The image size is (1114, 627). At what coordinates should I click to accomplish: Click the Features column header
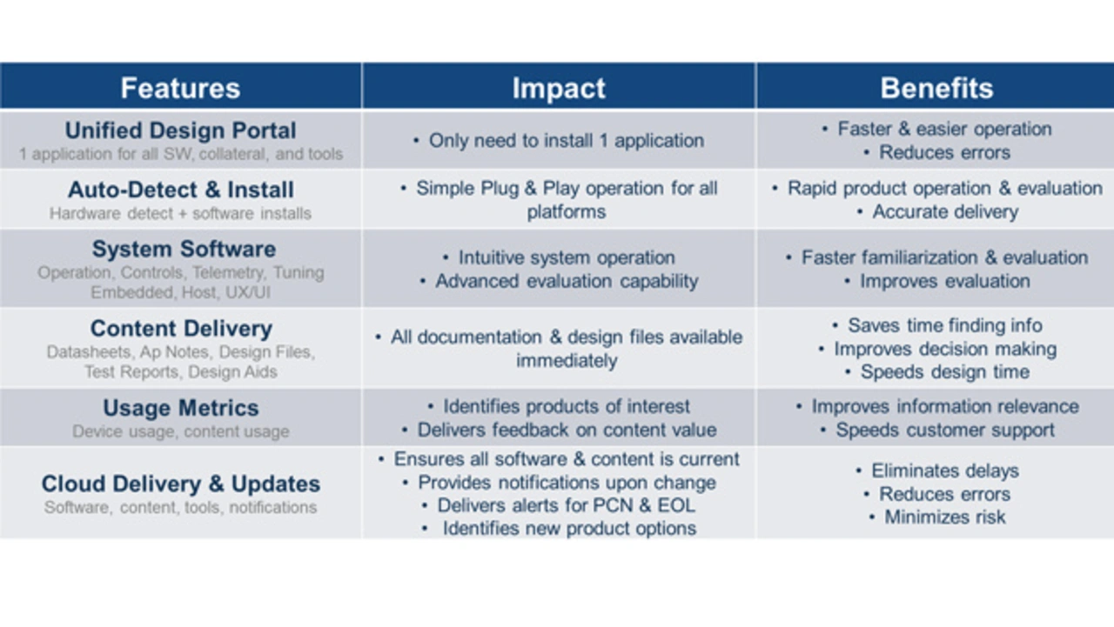pyautogui.click(x=180, y=88)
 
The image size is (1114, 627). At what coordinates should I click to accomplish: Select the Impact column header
pyautogui.click(x=559, y=89)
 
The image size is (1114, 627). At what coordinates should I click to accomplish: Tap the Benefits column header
pyautogui.click(x=936, y=88)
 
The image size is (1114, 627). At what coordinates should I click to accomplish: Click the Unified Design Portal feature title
pyautogui.click(x=180, y=130)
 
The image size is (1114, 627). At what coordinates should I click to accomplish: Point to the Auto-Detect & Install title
pyautogui.click(x=180, y=190)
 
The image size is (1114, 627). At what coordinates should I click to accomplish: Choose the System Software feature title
pyautogui.click(x=184, y=249)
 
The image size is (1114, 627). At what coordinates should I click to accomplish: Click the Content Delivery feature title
pyautogui.click(x=181, y=329)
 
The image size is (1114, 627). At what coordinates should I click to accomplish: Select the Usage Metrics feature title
pyautogui.click(x=180, y=408)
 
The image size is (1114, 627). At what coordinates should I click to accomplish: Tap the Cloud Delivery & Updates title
pyautogui.click(x=180, y=484)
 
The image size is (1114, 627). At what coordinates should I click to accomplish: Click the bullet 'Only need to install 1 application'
pyautogui.click(x=566, y=141)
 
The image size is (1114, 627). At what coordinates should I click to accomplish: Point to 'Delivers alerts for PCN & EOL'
pyautogui.click(x=566, y=505)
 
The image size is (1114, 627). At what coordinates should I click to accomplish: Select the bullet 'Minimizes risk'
pyautogui.click(x=944, y=517)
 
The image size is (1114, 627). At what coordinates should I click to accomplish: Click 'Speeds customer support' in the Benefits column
pyautogui.click(x=944, y=430)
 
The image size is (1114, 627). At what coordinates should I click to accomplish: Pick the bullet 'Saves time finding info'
pyautogui.click(x=944, y=325)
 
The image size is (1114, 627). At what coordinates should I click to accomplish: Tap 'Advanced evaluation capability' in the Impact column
pyautogui.click(x=567, y=281)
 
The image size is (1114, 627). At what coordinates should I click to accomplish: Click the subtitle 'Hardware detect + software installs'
pyautogui.click(x=180, y=214)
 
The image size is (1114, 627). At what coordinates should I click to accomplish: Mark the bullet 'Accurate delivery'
pyautogui.click(x=945, y=212)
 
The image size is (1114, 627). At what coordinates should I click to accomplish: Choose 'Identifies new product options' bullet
pyautogui.click(x=569, y=529)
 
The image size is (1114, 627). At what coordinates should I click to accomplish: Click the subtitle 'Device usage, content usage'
pyautogui.click(x=180, y=431)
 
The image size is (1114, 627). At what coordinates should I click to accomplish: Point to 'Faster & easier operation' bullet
pyautogui.click(x=944, y=130)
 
